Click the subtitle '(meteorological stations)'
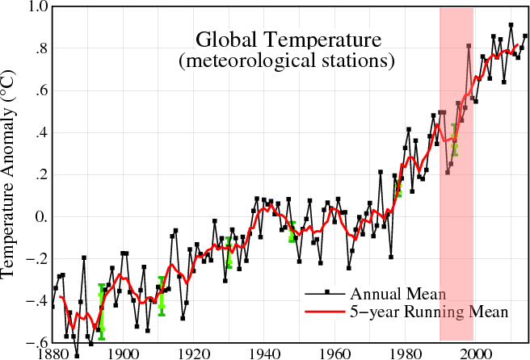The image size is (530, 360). [288, 61]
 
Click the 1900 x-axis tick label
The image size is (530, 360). [123, 352]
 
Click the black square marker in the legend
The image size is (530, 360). [327, 292]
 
